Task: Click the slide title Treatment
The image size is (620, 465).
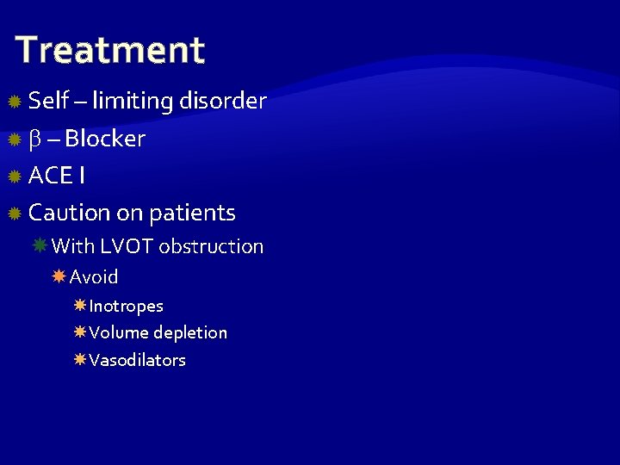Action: pyautogui.click(x=110, y=50)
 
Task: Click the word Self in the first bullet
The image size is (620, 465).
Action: pyautogui.click(x=48, y=101)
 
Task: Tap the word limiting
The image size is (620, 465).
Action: pyautogui.click(x=133, y=101)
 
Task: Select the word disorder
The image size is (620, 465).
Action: pyautogui.click(x=223, y=101)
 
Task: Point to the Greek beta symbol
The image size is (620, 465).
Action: pyautogui.click(x=35, y=139)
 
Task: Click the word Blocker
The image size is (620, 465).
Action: pyautogui.click(x=105, y=139)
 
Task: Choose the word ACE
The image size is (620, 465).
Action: pyautogui.click(x=51, y=176)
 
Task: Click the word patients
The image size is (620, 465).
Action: pyautogui.click(x=192, y=213)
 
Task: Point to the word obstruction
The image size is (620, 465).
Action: pyautogui.click(x=212, y=246)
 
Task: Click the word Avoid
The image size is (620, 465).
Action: pyautogui.click(x=94, y=277)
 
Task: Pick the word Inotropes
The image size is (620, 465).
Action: pyautogui.click(x=126, y=306)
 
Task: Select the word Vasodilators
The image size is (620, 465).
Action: pyautogui.click(x=137, y=360)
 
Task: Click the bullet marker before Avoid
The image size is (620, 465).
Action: pyautogui.click(x=59, y=276)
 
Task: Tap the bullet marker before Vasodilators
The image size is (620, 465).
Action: pyautogui.click(x=79, y=359)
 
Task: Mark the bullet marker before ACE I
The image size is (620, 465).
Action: pyautogui.click(x=14, y=177)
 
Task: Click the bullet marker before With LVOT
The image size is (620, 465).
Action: pyautogui.click(x=40, y=245)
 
